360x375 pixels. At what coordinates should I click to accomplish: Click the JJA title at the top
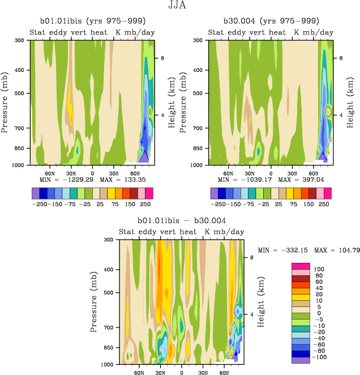click(x=180, y=6)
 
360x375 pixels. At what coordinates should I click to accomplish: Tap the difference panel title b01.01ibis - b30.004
click(x=182, y=220)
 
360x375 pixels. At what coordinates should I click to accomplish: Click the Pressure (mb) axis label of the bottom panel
click(x=93, y=301)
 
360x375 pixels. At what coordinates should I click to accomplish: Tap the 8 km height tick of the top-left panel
click(x=161, y=58)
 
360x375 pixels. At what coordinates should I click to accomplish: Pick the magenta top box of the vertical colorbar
click(x=300, y=266)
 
